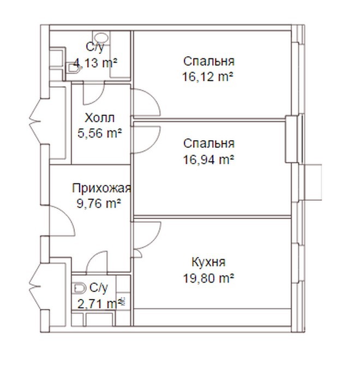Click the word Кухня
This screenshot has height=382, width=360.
pyautogui.click(x=208, y=262)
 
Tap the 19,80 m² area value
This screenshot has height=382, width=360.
pyautogui.click(x=208, y=278)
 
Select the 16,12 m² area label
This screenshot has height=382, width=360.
pyautogui.click(x=208, y=77)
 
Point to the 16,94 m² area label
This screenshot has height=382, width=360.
pyautogui.click(x=208, y=160)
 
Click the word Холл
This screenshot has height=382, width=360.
pyautogui.click(x=100, y=118)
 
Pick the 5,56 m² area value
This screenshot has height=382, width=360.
pyautogui.click(x=100, y=133)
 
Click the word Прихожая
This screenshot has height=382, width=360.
pyautogui.click(x=101, y=188)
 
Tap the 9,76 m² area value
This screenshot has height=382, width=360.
pyautogui.click(x=99, y=203)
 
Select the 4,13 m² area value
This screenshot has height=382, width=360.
pyautogui.click(x=95, y=63)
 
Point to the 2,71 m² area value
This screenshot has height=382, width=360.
pyautogui.click(x=100, y=304)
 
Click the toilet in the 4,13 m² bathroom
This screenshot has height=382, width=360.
pyautogui.click(x=73, y=68)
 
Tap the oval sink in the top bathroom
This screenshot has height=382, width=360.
pyautogui.click(x=101, y=38)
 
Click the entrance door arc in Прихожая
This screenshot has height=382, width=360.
pyautogui.click(x=68, y=216)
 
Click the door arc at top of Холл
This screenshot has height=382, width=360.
pyautogui.click(x=98, y=98)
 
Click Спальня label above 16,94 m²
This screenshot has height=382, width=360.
pyautogui.click(x=209, y=144)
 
